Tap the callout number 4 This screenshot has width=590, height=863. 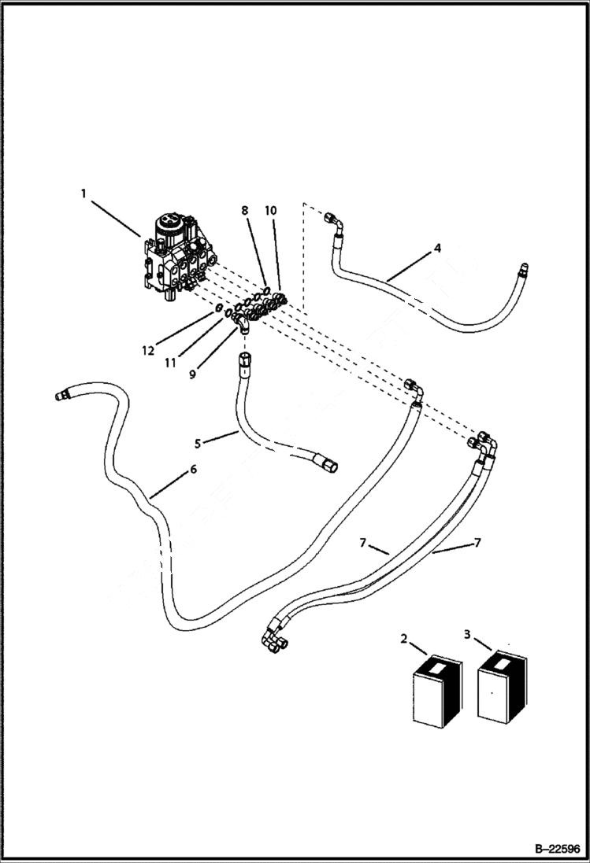coord(437,249)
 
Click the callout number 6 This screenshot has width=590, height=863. coord(193,470)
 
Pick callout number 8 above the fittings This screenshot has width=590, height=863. coord(245,211)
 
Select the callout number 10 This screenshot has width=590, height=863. coord(270,211)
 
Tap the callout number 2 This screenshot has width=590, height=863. coord(404,639)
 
